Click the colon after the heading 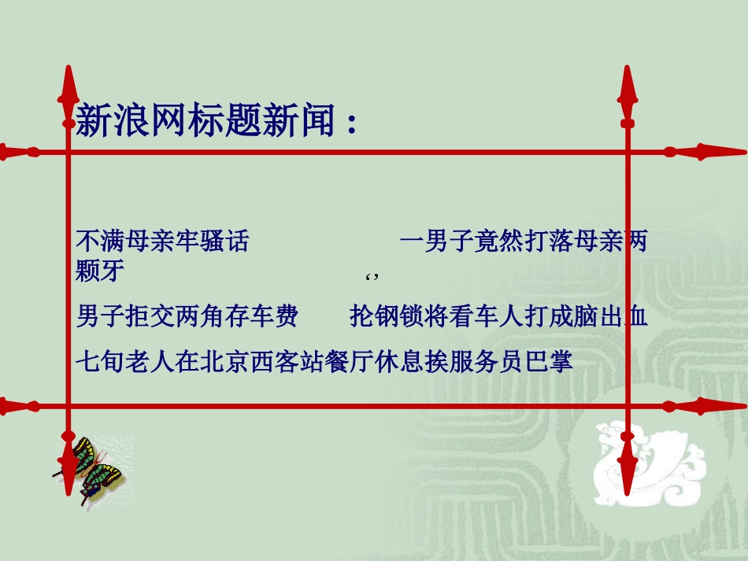(x=350, y=124)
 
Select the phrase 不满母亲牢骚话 (x=162, y=241)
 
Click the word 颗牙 (x=100, y=272)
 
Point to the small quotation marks (x=373, y=278)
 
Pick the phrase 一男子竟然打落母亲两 (x=524, y=241)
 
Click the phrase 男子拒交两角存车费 (x=187, y=316)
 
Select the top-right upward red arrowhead (x=628, y=85)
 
